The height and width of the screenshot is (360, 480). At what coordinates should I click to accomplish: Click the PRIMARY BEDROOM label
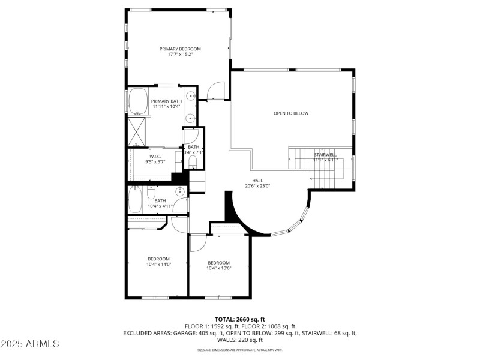180,49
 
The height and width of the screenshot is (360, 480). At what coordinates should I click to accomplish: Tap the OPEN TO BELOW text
291,113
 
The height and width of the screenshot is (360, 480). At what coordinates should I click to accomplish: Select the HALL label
257,180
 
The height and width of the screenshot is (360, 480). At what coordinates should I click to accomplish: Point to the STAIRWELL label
325,155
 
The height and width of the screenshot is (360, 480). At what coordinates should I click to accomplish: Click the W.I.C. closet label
155,157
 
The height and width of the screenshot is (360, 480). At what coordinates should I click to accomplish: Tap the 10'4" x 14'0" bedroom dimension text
159,264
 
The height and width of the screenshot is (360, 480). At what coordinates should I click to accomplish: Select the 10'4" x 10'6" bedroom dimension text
219,268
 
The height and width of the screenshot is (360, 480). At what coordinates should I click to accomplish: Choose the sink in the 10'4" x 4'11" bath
179,191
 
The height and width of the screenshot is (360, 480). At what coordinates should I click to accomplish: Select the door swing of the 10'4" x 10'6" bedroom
197,242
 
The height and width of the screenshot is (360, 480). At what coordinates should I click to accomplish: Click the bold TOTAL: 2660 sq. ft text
240,319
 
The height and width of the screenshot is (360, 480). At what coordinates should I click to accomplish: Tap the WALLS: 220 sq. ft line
240,339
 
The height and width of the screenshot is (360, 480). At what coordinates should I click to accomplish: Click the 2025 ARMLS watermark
30,344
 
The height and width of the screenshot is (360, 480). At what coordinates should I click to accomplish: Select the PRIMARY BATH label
166,101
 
